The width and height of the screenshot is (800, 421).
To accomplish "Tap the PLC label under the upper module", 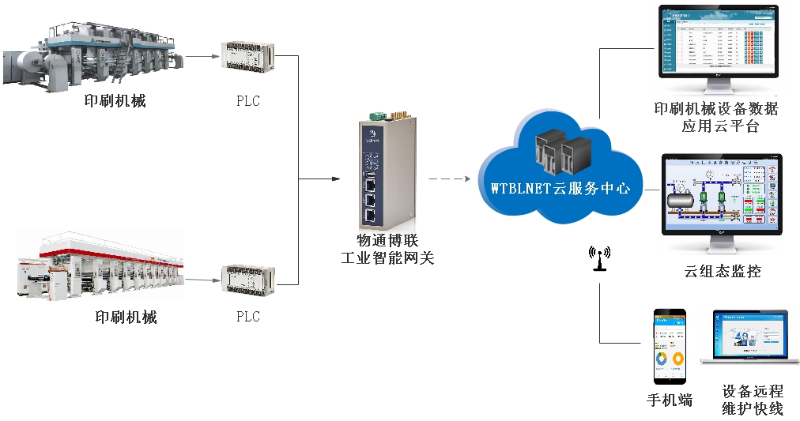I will (x=247, y=101).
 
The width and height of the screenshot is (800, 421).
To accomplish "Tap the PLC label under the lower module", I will (x=247, y=317).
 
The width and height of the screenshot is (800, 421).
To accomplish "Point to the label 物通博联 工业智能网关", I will (x=387, y=249).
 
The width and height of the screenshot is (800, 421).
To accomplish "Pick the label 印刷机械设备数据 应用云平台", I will (x=716, y=117).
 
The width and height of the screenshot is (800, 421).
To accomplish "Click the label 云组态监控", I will (x=723, y=271).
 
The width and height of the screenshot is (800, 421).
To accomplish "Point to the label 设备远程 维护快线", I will (x=752, y=400).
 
